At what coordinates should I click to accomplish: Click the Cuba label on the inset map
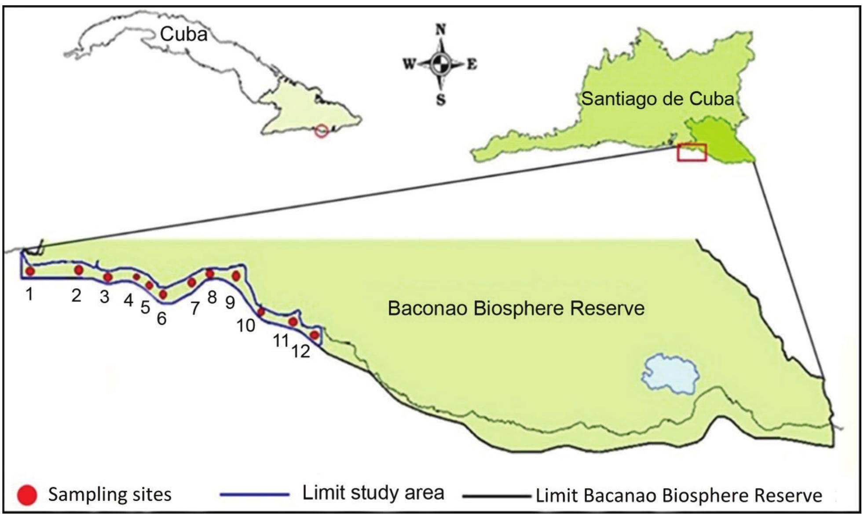(x=183, y=34)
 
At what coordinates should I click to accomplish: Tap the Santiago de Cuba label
(x=658, y=99)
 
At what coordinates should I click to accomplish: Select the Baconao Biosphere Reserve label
(x=516, y=308)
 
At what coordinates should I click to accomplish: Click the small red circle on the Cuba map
(x=322, y=131)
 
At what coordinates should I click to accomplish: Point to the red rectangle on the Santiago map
(x=692, y=153)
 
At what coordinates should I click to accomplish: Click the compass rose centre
(x=440, y=64)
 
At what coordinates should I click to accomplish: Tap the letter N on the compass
(x=440, y=29)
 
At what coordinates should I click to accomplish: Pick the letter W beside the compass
(x=409, y=65)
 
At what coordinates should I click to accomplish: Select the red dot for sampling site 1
(x=30, y=271)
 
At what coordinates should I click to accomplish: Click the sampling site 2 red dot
(x=79, y=270)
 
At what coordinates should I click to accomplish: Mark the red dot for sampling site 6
(x=163, y=294)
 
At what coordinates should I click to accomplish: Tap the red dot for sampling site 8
(x=210, y=274)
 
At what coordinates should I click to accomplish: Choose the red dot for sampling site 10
(x=261, y=312)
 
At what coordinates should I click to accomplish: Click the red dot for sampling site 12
(x=315, y=335)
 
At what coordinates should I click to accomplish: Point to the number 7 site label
(x=195, y=308)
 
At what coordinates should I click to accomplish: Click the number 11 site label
(x=281, y=340)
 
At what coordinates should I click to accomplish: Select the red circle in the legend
(x=27, y=495)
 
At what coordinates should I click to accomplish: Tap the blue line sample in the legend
(x=255, y=495)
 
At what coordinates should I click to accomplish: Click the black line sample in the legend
(x=497, y=496)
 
